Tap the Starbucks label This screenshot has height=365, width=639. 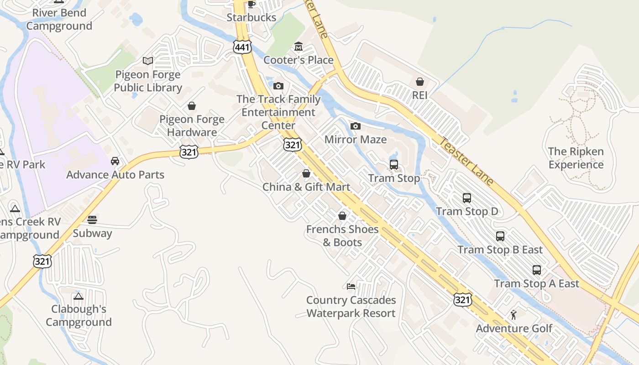pyautogui.click(x=251, y=17)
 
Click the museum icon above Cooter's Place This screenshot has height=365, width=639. pyautogui.click(x=299, y=47)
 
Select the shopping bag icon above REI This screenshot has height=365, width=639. pyautogui.click(x=419, y=82)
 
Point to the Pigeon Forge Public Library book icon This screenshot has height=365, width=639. pyautogui.click(x=147, y=61)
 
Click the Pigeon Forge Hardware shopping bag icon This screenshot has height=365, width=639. pyautogui.click(x=192, y=106)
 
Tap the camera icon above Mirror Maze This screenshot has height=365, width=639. pyautogui.click(x=355, y=126)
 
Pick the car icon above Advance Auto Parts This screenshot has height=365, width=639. pyautogui.click(x=115, y=161)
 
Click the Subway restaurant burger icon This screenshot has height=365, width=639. pyautogui.click(x=92, y=220)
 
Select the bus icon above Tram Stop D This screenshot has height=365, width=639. pyautogui.click(x=466, y=198)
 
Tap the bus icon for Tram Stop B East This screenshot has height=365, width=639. pyautogui.click(x=500, y=236)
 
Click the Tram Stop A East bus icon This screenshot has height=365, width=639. pyautogui.click(x=537, y=270)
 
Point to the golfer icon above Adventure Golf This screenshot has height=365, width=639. pyautogui.click(x=513, y=315)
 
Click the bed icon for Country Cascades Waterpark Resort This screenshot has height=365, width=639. pyautogui.click(x=351, y=287)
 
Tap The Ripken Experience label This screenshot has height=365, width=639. pyautogui.click(x=576, y=158)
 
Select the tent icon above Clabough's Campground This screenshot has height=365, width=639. pyautogui.click(x=79, y=296)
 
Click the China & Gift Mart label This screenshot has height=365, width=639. pyautogui.click(x=306, y=187)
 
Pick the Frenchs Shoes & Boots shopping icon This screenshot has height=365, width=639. pyautogui.click(x=342, y=216)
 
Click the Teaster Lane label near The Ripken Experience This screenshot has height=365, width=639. pyautogui.click(x=466, y=162)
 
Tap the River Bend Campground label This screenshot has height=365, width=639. pyautogui.click(x=59, y=19)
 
